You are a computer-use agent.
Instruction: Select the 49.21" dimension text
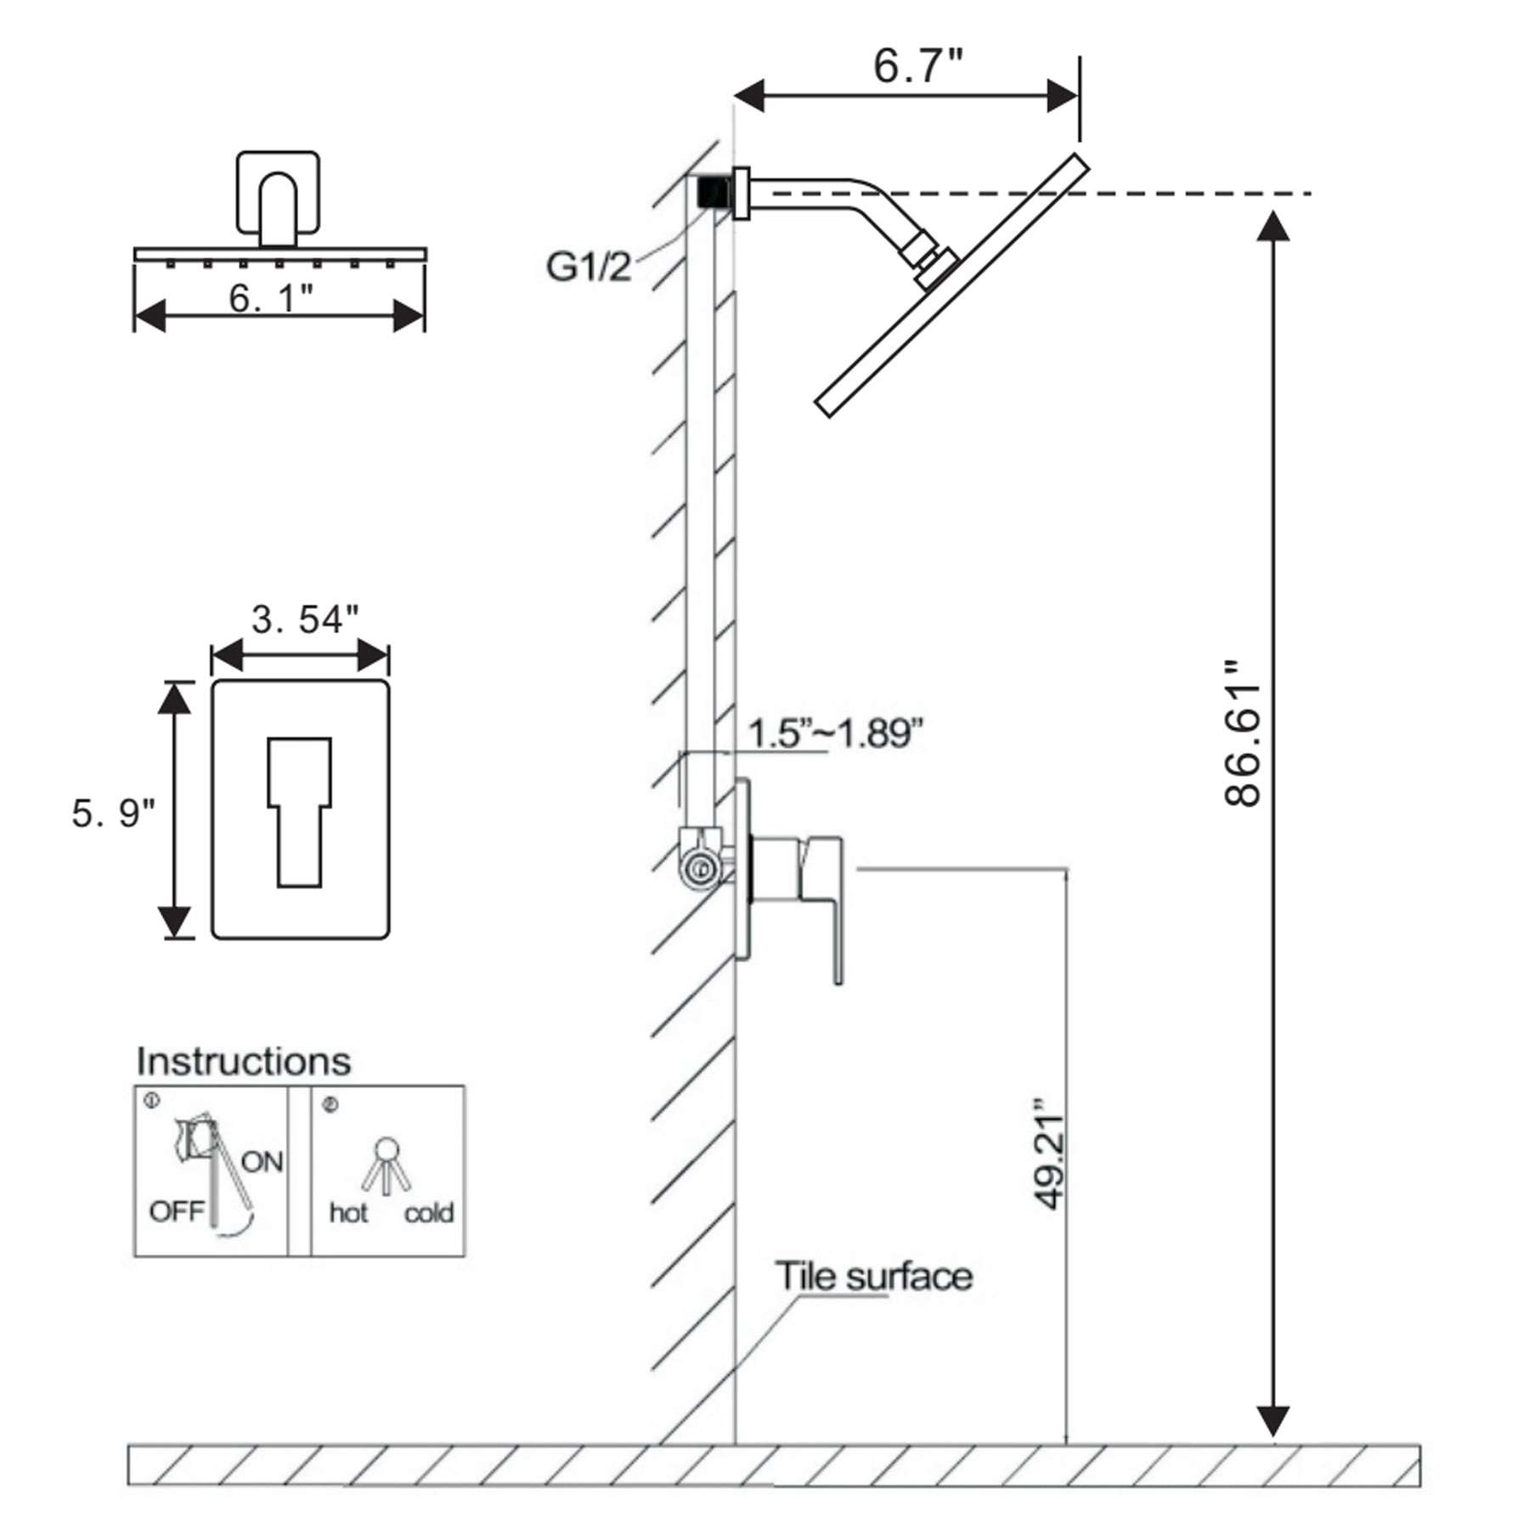tap(1051, 1154)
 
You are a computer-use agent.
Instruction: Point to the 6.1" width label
tap(271, 298)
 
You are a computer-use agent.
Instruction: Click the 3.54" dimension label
tap(304, 619)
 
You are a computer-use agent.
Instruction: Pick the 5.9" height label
tap(113, 813)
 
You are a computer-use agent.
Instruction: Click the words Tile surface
tap(873, 1277)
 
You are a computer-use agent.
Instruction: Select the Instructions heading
tap(244, 1062)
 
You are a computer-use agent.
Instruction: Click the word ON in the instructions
tap(262, 1161)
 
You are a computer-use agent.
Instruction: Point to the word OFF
tap(177, 1211)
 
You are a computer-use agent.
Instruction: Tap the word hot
tap(348, 1213)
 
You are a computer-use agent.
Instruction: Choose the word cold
tap(428, 1213)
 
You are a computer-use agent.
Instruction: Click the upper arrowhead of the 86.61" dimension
tap(1272, 226)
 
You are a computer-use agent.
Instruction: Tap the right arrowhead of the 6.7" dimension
tap(1063, 96)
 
